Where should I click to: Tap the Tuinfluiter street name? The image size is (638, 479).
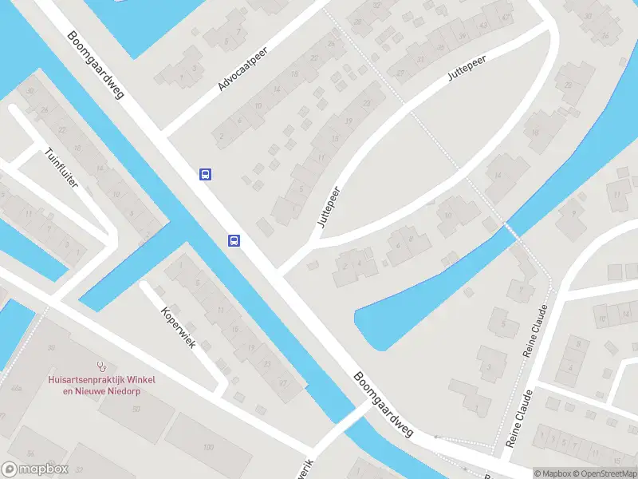pos(61,167)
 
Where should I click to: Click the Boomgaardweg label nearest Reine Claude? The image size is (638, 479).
pos(384,405)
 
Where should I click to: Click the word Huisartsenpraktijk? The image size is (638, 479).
pos(89,378)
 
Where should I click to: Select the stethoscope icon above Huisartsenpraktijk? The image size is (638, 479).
pos(100,366)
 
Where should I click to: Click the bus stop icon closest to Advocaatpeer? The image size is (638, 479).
pos(205,174)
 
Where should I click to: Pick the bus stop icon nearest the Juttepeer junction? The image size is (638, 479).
pos(234,239)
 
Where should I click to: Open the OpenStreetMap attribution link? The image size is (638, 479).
pos(605,473)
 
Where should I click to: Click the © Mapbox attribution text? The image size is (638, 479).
pos(552,473)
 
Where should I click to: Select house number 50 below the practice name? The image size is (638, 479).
pos(137,409)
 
